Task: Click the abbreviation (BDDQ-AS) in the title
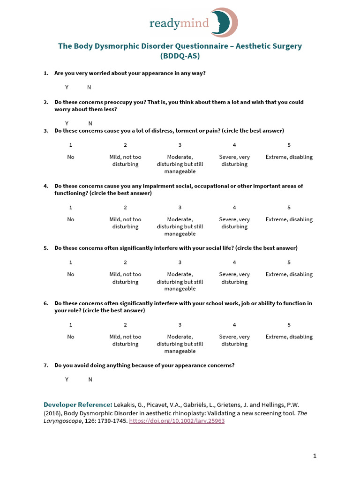[x=180, y=56]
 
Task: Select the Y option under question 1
[x=67, y=88]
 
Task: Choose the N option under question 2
[x=90, y=123]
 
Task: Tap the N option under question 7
[x=90, y=380]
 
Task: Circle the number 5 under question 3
[x=289, y=145]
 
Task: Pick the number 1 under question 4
[x=71, y=208]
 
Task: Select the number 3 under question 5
[x=180, y=262]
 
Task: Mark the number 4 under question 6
[x=234, y=325]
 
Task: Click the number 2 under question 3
[x=125, y=145]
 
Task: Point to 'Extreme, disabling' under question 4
[x=289, y=219]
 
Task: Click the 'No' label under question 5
[x=71, y=275]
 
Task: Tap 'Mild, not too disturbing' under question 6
[x=125, y=340]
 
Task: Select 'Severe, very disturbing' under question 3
[x=234, y=161]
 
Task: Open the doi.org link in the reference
[x=177, y=421]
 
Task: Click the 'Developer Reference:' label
[x=78, y=405]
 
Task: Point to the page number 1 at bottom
[x=315, y=456]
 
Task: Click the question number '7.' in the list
[x=46, y=365]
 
